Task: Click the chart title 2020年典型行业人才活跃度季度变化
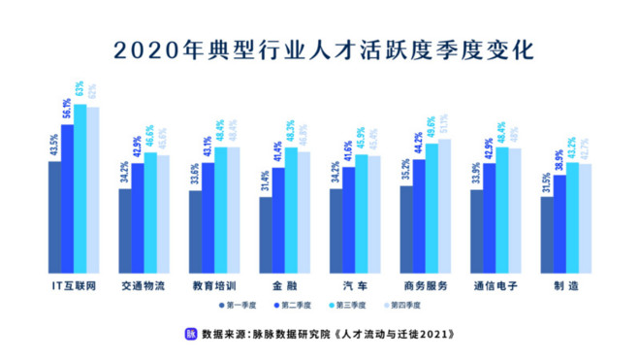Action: pos(320,49)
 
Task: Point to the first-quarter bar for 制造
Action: pos(547,233)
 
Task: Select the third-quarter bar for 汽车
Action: pos(361,213)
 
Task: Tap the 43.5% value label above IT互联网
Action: pos(54,145)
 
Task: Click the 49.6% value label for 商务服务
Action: pos(431,129)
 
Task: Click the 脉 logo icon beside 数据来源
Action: pos(191,334)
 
